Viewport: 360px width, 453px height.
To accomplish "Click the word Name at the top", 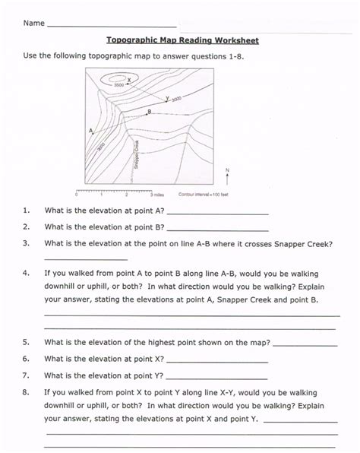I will coord(33,24).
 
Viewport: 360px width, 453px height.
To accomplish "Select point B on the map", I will coord(149,111).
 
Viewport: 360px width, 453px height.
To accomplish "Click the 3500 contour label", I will coord(118,85).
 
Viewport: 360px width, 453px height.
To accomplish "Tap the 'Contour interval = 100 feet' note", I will coord(204,195).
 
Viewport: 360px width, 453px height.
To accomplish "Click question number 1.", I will coord(27,211).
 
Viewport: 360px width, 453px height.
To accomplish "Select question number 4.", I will coord(27,271).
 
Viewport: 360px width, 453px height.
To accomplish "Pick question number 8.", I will coord(27,393).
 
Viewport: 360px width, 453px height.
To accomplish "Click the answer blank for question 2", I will coord(217,229).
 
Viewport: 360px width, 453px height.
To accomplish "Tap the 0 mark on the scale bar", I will coord(77,195).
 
